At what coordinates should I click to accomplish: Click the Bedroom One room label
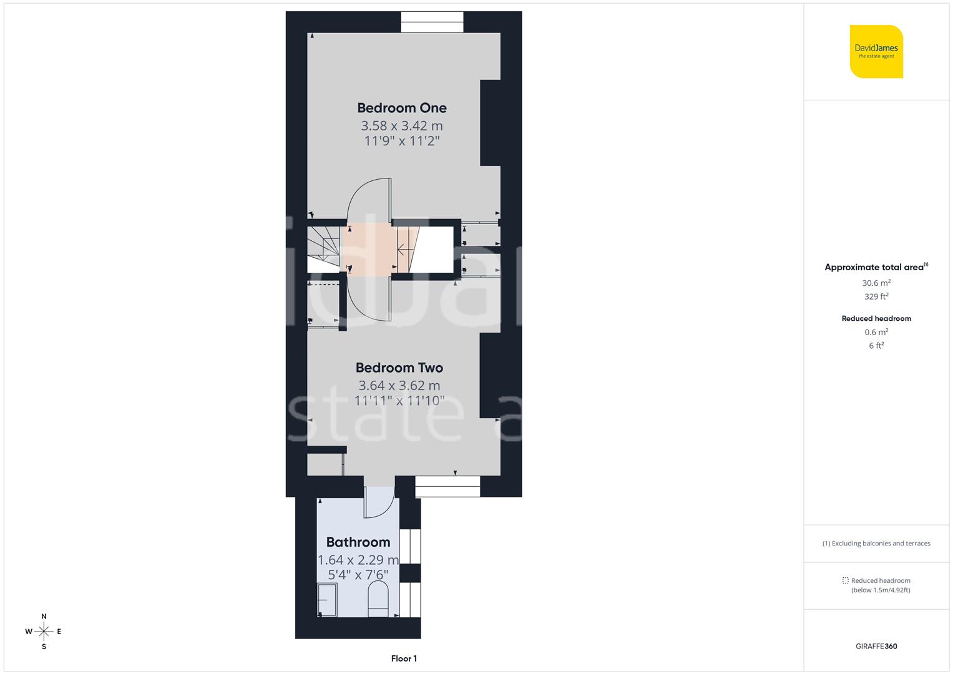[x=401, y=108]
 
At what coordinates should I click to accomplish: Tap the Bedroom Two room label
[x=399, y=368]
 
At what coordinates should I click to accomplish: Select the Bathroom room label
[x=358, y=542]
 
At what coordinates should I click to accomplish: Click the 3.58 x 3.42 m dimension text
[x=401, y=125]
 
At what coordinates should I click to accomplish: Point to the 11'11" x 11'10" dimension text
[x=399, y=401]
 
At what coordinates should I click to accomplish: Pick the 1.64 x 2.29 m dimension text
[x=358, y=560]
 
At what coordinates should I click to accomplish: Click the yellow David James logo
[x=876, y=51]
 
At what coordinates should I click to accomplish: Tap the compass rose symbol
[x=44, y=632]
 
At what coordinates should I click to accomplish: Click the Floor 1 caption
[x=404, y=658]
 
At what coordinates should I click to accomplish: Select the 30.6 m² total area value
[x=876, y=283]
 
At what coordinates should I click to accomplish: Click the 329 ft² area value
[x=876, y=296]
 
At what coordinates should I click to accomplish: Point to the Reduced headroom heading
[x=876, y=318]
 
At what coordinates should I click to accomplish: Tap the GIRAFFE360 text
[x=876, y=646]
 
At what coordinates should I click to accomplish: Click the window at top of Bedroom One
[x=432, y=22]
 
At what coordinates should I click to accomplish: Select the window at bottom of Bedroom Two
[x=447, y=486]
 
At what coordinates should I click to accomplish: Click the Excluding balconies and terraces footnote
[x=876, y=544]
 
